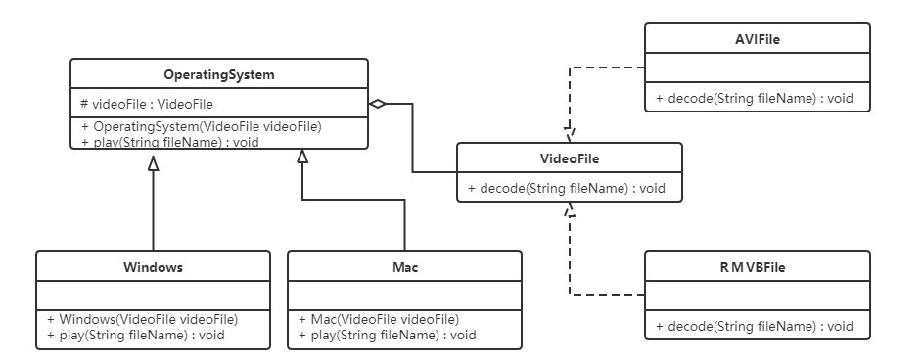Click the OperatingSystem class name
tap(218, 74)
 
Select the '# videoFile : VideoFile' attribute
tap(147, 104)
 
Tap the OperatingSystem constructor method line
tap(202, 126)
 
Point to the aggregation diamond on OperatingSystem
tap(378, 104)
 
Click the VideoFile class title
tap(570, 157)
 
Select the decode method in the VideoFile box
tap(568, 188)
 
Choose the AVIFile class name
tap(757, 39)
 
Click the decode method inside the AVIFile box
tap(755, 99)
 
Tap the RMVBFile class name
tap(757, 266)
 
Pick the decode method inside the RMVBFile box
tap(755, 326)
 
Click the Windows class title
tap(153, 266)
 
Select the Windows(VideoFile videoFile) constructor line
tap(143, 319)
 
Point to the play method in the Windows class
tap(136, 335)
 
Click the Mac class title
tap(404, 266)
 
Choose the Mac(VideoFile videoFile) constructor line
tap(379, 319)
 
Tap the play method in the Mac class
tap(388, 335)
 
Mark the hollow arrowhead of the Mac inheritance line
tap(303, 157)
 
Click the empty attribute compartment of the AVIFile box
tap(757, 69)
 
